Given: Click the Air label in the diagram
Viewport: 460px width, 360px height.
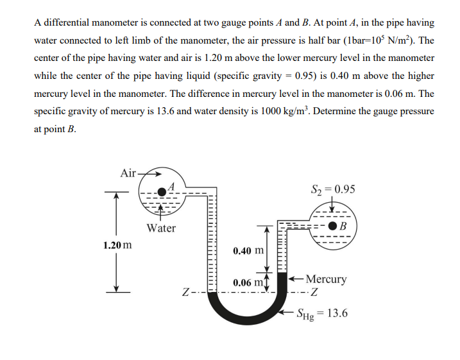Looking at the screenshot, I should pyautogui.click(x=128, y=173).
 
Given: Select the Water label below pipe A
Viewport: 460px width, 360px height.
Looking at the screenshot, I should pyautogui.click(x=160, y=228).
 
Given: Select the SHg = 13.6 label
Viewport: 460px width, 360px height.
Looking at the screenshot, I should pyautogui.click(x=322, y=313).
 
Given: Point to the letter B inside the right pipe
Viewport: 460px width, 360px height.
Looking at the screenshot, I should pyautogui.click(x=344, y=227).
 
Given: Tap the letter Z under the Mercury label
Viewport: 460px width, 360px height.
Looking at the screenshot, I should pyautogui.click(x=314, y=295).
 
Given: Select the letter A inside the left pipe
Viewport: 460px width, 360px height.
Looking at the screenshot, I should pyautogui.click(x=179, y=185).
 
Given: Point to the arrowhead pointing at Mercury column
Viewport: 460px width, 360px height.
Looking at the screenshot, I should pyautogui.click(x=291, y=279).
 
